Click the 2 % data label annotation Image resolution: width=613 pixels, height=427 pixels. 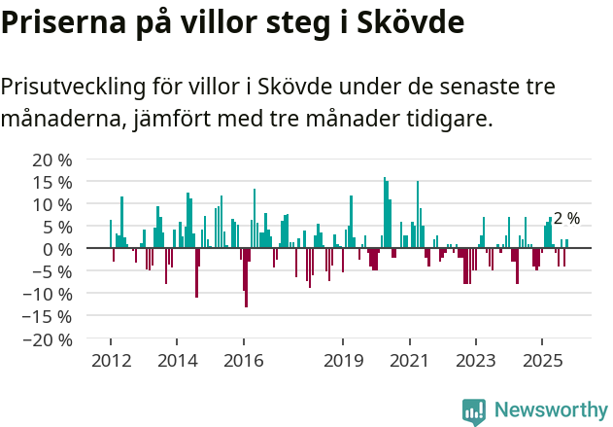click(566, 219)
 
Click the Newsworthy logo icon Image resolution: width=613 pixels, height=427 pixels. click(474, 410)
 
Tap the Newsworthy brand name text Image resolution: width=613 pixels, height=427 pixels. click(550, 410)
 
